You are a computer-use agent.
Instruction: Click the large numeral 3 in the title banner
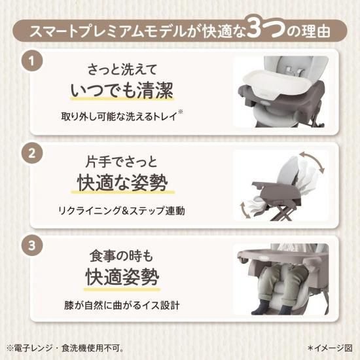coord(255,28)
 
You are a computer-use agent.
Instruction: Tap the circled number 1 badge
coord(32,61)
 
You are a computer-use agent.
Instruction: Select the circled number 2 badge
coord(32,153)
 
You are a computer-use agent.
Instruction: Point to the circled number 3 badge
coord(32,245)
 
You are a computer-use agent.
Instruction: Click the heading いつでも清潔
coord(122,90)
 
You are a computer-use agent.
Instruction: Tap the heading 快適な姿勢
coord(122,183)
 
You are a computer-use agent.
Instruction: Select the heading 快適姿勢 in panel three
coord(122,277)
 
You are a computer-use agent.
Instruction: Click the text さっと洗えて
coord(122,69)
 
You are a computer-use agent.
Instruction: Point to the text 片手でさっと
coord(121,162)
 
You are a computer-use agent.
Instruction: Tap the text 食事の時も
coord(121,256)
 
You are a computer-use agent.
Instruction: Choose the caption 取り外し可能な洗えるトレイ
coord(119,117)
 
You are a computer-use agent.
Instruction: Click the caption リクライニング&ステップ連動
coord(121,211)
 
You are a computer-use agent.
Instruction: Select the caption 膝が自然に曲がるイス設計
coord(122,305)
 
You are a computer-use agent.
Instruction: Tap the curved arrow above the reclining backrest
coord(313,161)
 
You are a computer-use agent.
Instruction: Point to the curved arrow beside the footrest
coord(244,210)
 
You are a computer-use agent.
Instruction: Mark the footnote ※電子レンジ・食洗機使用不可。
coord(65,348)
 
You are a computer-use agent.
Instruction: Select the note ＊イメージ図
coord(330,348)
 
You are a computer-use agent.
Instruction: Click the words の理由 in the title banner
coord(308,31)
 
